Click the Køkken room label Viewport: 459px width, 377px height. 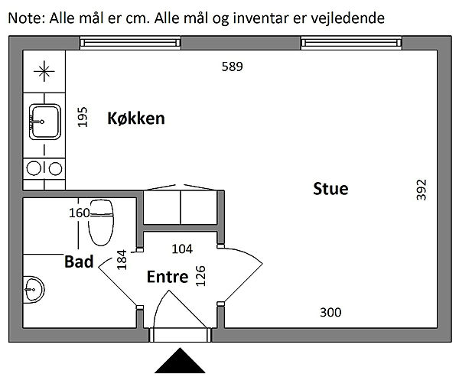pos(136,119)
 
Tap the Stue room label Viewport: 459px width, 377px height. pos(330,189)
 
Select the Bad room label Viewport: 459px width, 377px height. pos(79,262)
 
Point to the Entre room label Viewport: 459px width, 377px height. pos(168,277)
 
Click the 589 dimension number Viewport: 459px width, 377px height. pos(232,67)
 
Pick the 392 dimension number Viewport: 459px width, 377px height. pos(422,190)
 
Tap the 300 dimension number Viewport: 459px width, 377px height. pos(330,312)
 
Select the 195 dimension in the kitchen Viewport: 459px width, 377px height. pos(83,117)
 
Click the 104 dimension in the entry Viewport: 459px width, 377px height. pos(182,249)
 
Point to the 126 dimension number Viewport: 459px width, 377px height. pos(200,276)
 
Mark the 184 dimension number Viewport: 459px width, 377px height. pos(122,260)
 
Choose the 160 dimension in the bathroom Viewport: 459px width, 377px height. pos(79,213)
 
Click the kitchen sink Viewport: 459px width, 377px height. pos(45,122)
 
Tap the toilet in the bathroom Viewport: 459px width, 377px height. pos(101,223)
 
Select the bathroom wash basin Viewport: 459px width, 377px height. pos(34,289)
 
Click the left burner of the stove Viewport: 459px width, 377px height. pos(34,168)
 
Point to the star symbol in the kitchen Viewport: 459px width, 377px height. pos(44,71)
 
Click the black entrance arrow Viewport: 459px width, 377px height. pos(180,360)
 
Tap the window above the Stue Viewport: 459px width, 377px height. pos(351,43)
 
